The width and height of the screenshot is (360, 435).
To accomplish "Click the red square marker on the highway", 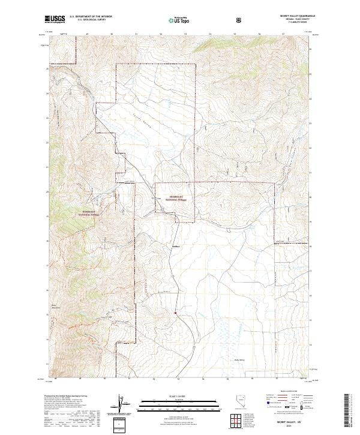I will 175,312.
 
